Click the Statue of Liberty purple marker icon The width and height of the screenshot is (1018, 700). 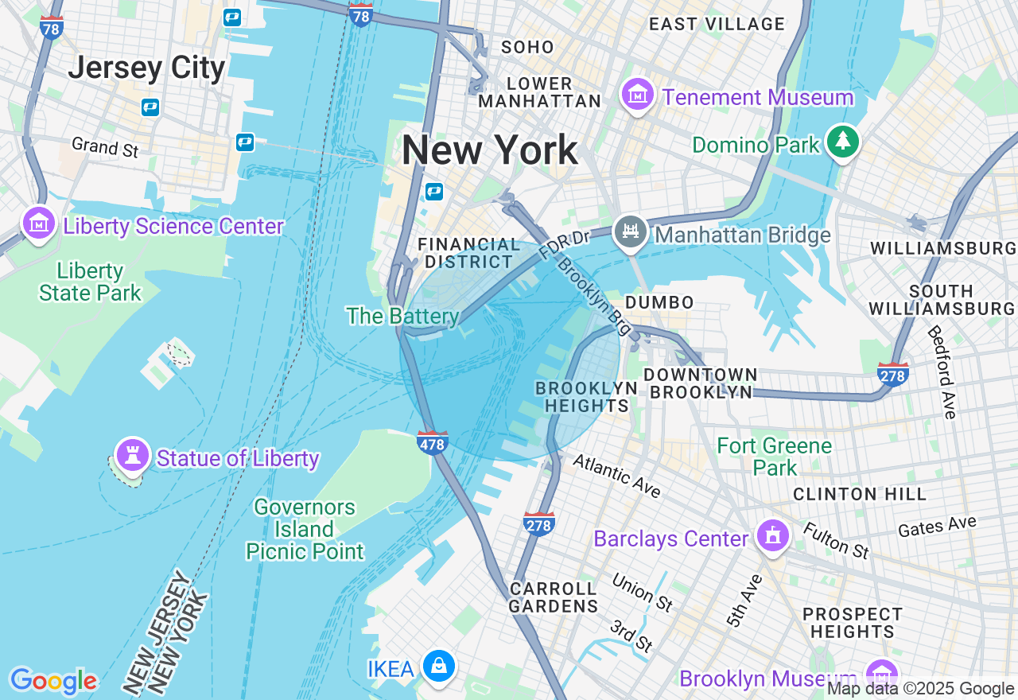132,455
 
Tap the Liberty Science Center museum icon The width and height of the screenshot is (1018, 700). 39,224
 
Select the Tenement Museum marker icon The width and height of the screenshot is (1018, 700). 637,95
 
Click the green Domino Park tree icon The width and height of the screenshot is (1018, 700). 843,142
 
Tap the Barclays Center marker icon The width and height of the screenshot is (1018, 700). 771,536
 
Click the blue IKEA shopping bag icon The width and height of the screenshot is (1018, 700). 438,666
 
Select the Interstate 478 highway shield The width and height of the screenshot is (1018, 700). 432,442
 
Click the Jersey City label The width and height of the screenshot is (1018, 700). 146,68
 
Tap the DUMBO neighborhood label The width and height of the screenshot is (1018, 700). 659,302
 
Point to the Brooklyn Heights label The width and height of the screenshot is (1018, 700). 586,396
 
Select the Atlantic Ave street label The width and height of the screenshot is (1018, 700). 616,475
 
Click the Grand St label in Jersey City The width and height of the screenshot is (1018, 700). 105,146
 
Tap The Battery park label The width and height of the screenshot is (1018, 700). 402,317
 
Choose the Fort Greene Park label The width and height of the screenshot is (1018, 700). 775,456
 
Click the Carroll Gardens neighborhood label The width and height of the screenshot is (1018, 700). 554,597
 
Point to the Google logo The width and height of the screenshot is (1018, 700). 53,681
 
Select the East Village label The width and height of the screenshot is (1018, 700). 717,24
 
